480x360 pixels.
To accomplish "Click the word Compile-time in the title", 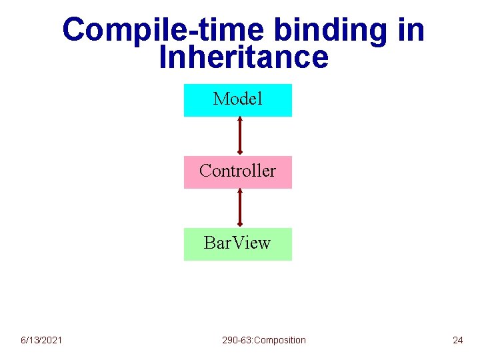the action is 157,30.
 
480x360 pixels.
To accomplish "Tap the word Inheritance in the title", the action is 244,57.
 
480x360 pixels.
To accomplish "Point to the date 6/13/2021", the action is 41,340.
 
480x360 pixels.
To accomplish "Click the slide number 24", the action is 457,340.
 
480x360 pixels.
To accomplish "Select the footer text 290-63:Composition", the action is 264,340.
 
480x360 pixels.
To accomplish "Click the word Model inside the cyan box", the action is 237,99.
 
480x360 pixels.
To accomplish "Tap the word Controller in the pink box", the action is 237,171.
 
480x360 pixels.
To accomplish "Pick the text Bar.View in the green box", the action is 237,243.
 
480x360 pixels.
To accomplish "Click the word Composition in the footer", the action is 280,340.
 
